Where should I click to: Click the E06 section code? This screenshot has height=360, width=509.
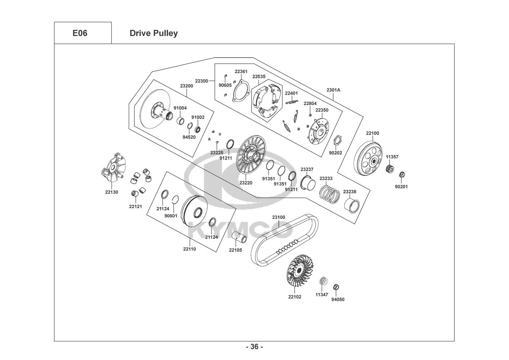pos(80,33)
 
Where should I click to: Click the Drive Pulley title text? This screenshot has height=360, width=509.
pos(153,33)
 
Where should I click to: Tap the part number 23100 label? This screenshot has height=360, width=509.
pos(278,217)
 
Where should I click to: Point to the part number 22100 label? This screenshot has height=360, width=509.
pos(372,133)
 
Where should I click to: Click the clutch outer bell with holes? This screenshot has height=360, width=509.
pos(369,158)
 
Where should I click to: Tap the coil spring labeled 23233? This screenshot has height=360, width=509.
pos(330,193)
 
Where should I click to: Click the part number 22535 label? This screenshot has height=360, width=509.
pos(259,76)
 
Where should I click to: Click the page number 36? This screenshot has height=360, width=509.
pos(254,347)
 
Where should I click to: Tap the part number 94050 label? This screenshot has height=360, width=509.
pos(338,299)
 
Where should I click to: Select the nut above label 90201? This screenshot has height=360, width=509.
pos(403,175)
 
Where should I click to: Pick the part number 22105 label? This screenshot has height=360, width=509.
pos(236,250)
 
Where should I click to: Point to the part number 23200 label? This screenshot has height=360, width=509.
pos(187,86)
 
